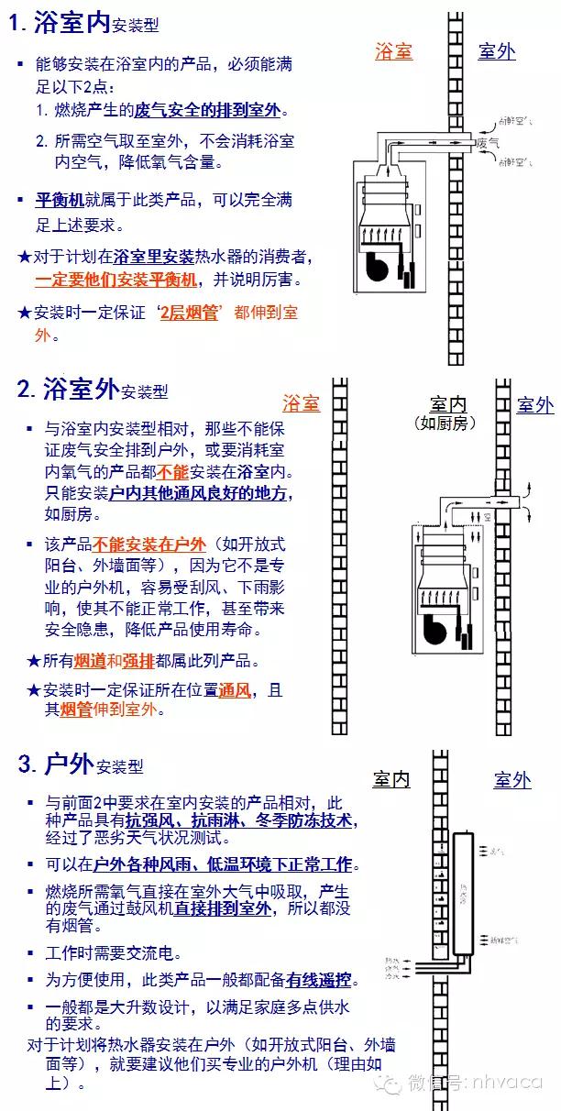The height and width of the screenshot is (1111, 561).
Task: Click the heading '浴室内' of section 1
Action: (x=71, y=25)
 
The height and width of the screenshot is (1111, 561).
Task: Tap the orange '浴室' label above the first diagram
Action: (x=393, y=51)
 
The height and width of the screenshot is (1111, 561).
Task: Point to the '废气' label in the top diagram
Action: (x=488, y=144)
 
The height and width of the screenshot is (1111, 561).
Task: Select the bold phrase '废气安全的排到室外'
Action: (x=206, y=111)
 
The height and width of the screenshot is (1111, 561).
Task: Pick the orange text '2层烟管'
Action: (x=189, y=313)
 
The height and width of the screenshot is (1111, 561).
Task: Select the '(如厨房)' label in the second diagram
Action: (x=446, y=423)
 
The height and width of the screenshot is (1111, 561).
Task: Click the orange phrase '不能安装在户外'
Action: (x=157, y=544)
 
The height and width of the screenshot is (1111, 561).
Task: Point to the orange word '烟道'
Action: (x=90, y=661)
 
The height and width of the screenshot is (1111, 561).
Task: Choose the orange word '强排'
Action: (x=138, y=661)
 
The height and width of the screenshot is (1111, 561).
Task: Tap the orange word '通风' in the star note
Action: (x=236, y=690)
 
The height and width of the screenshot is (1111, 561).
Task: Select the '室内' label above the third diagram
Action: (x=390, y=780)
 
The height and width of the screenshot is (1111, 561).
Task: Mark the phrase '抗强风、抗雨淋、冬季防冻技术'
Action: (x=240, y=820)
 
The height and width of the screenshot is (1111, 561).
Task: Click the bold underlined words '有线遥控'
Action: (x=320, y=980)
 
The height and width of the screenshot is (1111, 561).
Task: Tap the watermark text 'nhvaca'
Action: (x=507, y=1083)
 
